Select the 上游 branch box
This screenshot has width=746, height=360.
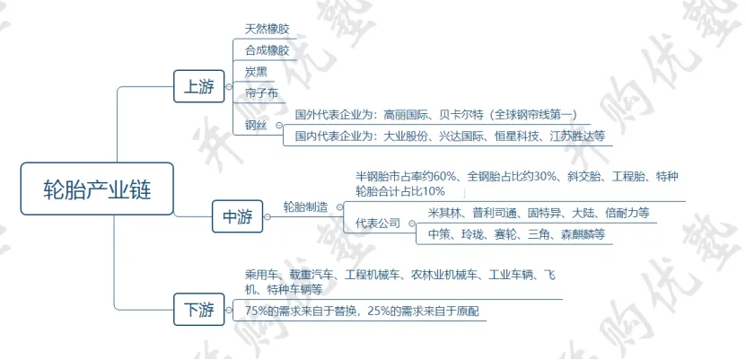pos(198,87)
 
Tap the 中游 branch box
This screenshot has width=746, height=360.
pos(237,216)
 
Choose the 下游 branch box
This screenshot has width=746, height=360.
pos(198,311)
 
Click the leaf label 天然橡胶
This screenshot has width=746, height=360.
pos(267,29)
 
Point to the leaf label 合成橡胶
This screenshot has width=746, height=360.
pos(267,50)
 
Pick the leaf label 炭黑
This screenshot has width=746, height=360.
pos(256,71)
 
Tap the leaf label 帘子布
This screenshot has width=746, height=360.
pos(261,92)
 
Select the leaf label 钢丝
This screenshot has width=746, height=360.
pos(255,125)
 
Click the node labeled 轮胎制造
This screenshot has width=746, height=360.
pos(305,207)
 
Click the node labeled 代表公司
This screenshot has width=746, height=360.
pos(378,223)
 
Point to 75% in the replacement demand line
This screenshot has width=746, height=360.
pos(257,311)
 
